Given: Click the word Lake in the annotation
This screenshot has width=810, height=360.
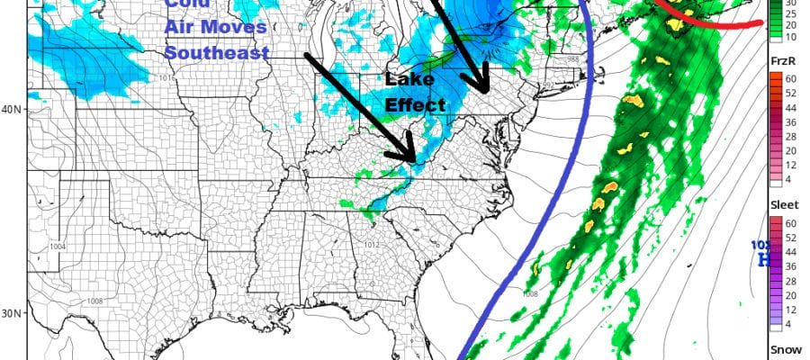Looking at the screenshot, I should tap(404, 80).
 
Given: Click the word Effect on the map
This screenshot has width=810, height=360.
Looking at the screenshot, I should tap(416, 104).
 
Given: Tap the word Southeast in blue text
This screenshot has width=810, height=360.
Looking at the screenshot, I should tap(217, 52).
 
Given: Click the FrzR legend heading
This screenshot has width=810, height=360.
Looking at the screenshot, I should tap(781, 61).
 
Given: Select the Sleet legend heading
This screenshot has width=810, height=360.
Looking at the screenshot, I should tap(783, 205).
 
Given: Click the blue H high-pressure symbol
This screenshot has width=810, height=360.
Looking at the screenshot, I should tap(765, 259).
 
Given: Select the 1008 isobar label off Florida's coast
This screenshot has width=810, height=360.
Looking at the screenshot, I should tap(530, 293).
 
